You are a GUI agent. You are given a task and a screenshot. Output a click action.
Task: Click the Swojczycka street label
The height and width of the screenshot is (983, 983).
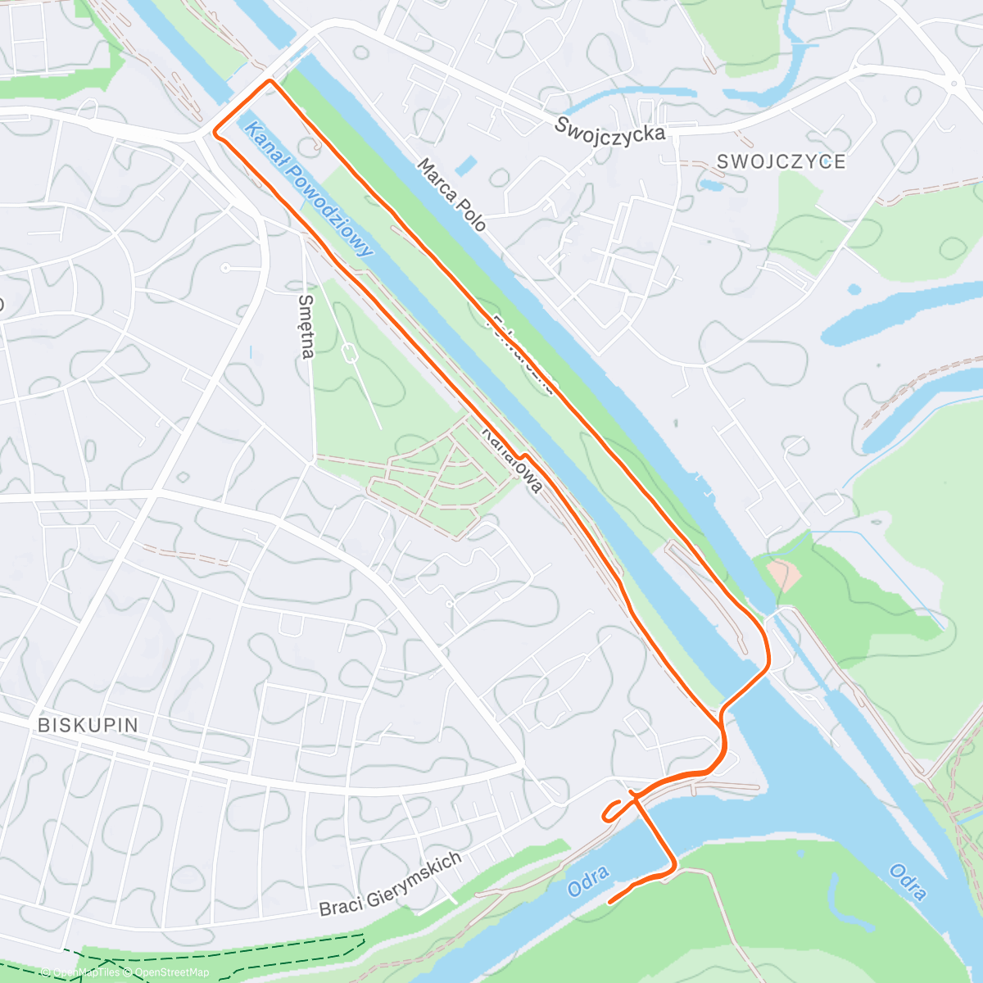click(609, 128)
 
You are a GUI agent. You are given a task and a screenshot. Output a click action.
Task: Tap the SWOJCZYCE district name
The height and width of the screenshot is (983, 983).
click(781, 161)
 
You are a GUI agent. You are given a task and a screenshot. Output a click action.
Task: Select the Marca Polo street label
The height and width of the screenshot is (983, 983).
click(451, 195)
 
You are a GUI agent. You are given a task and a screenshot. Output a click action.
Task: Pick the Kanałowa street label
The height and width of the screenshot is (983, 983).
click(512, 460)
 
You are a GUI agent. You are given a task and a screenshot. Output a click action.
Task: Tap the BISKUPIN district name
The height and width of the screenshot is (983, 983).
click(88, 725)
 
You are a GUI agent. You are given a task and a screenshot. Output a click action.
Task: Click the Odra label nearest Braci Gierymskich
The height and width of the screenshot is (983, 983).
click(588, 881)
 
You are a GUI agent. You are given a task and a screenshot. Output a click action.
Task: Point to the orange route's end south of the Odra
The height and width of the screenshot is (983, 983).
click(609, 902)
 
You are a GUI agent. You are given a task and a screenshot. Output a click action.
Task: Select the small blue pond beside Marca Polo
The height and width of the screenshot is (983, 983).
click(466, 166)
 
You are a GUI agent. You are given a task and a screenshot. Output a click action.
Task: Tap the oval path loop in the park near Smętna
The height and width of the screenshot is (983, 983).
click(350, 355)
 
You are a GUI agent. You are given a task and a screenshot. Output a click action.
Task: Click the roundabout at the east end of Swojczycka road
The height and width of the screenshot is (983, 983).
click(953, 83)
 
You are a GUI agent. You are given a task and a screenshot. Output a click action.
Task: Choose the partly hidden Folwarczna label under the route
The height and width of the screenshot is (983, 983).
click(525, 351)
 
